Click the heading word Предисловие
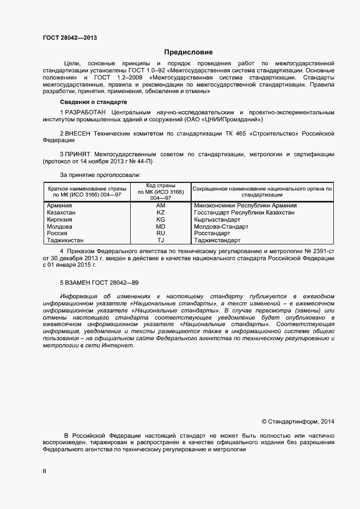coord(188,52)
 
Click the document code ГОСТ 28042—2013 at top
coord(70,38)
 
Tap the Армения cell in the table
coord(60,205)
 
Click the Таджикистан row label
coord(66,240)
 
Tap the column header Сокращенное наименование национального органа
coord(263,189)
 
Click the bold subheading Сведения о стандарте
coord(93,102)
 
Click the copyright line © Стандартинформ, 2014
coord(298,421)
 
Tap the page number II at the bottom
coord(45,471)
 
